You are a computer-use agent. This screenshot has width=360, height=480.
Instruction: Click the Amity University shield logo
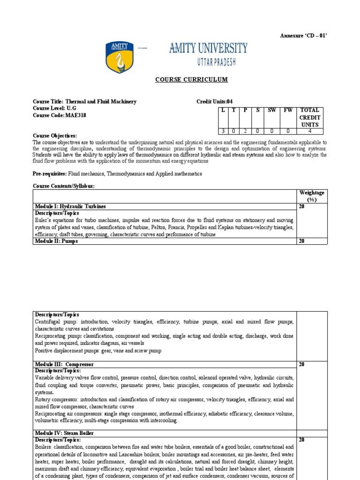(x=120, y=57)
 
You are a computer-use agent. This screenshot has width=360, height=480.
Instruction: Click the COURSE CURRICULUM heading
(x=191, y=79)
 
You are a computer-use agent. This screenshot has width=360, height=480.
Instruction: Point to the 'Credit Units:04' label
(x=214, y=102)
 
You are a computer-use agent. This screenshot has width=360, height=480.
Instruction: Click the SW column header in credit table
(x=271, y=110)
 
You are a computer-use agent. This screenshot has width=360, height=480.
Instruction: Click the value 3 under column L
(x=223, y=131)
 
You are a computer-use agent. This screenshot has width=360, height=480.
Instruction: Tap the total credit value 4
(x=310, y=131)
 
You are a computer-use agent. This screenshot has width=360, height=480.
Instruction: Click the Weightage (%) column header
(x=312, y=196)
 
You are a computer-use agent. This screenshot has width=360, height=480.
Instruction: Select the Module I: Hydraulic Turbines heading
(x=70, y=206)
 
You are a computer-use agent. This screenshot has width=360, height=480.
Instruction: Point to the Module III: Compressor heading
(x=64, y=364)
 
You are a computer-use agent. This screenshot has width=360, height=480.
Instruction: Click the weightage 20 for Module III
(x=302, y=364)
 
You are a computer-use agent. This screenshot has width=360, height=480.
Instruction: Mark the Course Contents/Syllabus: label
(x=63, y=186)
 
